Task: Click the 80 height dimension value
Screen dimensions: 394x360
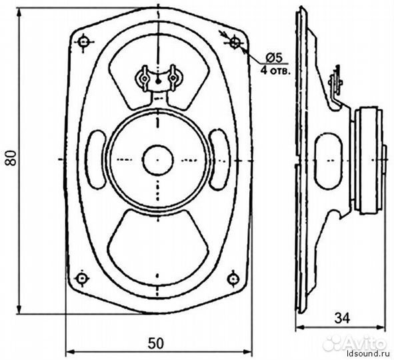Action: [x=11, y=158]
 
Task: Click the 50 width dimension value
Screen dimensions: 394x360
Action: [x=155, y=343]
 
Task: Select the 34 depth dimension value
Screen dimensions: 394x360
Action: [x=342, y=319]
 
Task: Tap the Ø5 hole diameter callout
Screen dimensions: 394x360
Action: [x=274, y=58]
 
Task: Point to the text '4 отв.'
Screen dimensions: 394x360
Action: [x=275, y=70]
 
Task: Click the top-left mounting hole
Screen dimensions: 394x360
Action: [x=84, y=42]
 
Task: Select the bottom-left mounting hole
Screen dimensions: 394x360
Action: [x=81, y=278]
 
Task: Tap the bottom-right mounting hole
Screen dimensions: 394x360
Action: [x=233, y=279]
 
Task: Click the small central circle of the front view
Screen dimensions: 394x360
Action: [x=158, y=160]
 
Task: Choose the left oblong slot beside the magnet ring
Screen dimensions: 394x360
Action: [x=96, y=159]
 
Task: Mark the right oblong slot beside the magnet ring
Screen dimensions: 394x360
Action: [x=219, y=159]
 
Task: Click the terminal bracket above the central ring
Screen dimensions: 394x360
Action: [x=158, y=80]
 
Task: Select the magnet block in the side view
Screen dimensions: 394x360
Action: [x=369, y=161]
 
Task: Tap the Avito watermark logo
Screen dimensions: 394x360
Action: [x=354, y=343]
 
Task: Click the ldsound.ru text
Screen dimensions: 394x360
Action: [x=369, y=354]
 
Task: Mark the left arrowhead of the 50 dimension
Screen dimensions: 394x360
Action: [x=70, y=351]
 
